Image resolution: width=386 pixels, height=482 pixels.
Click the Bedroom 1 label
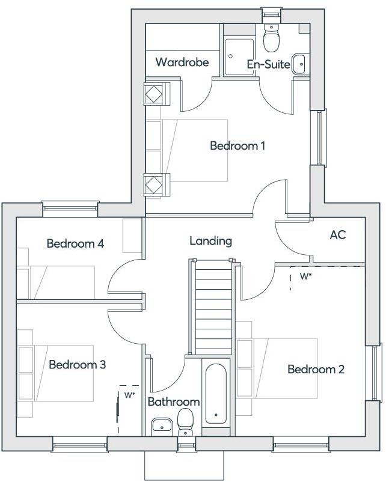coord(237,145)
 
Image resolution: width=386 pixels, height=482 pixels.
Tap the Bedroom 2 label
coord(316,369)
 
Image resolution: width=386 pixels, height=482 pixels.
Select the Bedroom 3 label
coord(78,364)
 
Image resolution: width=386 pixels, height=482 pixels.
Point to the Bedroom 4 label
coord(75,243)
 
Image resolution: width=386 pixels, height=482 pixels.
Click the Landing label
coord(210,241)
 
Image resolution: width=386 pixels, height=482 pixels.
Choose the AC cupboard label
coord(338,235)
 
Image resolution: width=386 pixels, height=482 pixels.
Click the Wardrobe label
coord(182,62)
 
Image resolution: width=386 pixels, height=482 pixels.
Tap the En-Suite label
coord(269,64)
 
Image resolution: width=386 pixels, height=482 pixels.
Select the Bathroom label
coord(173,401)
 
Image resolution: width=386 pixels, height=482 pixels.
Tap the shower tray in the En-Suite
coord(238,50)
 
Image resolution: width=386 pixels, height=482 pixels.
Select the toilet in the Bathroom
coord(186,420)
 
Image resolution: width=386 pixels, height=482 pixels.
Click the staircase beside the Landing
coord(211,307)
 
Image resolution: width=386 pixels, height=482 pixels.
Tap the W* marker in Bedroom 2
coord(305,277)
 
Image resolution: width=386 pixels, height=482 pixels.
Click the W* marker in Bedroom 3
coord(129,395)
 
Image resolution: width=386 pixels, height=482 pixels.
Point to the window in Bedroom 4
coord(70,209)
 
